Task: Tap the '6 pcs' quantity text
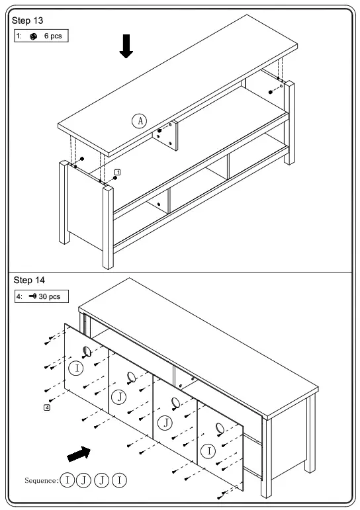[53, 36]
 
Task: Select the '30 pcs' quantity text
[50, 297]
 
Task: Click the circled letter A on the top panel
[139, 120]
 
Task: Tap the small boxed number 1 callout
[117, 172]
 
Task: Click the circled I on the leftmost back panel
[76, 368]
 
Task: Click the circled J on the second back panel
[118, 397]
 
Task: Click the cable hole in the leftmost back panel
[87, 351]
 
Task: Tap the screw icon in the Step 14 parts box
[31, 297]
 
